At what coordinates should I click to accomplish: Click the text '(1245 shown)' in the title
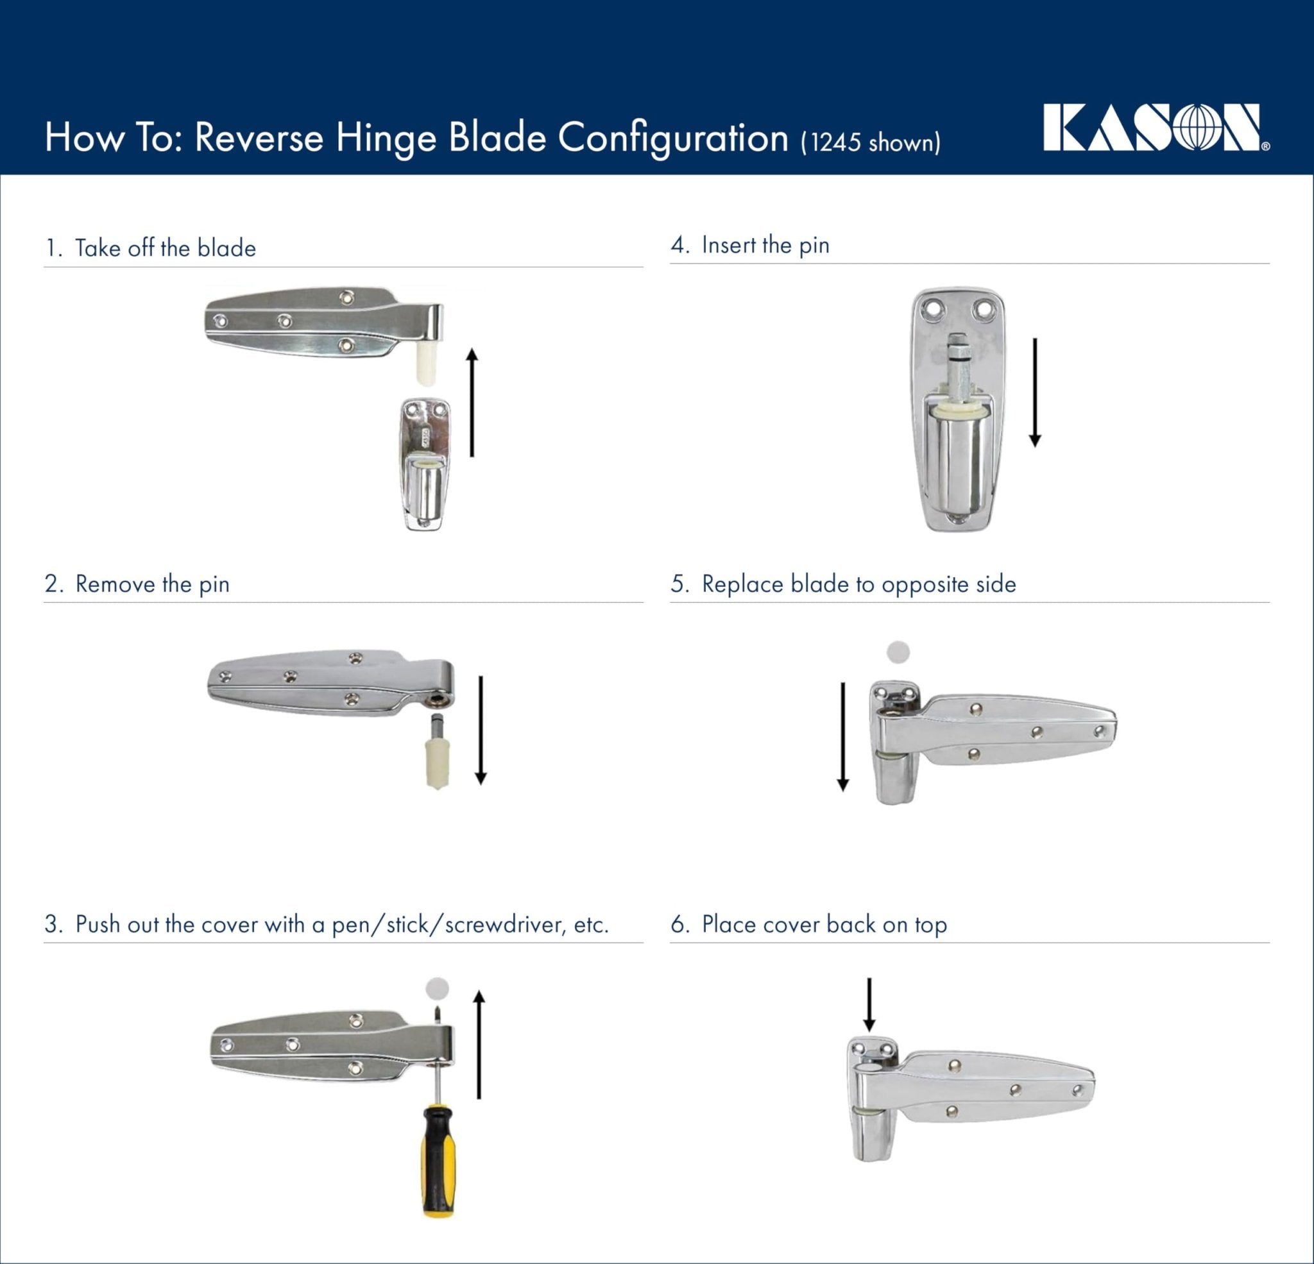point(870,143)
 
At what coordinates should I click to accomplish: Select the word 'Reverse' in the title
point(259,137)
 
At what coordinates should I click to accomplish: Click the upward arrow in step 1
point(472,402)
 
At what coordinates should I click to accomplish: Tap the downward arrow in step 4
point(1034,392)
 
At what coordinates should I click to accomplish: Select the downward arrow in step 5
point(843,736)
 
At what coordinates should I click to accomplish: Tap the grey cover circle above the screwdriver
point(437,988)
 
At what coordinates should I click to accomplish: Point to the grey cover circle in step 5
point(898,652)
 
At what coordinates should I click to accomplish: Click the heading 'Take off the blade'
point(165,248)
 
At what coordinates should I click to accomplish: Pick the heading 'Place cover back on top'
point(824,924)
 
